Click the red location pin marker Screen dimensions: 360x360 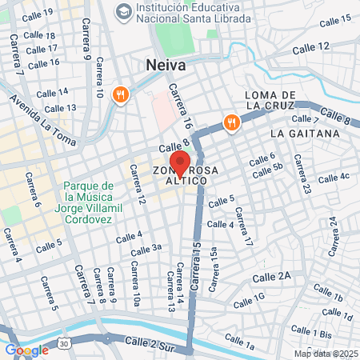(x=180, y=162)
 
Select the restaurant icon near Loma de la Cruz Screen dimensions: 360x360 (x=231, y=122)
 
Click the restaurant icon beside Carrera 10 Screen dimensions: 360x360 (x=121, y=94)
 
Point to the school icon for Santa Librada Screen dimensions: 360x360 (x=124, y=11)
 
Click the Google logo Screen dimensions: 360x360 (x=26, y=350)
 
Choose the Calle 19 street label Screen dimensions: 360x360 (x=38, y=15)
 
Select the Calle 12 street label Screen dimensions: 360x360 (x=310, y=47)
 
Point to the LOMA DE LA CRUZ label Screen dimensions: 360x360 (x=271, y=100)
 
